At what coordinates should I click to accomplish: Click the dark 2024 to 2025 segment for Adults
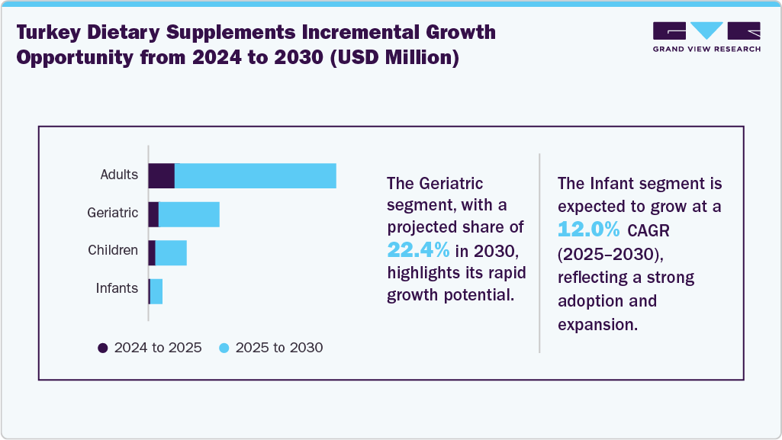coord(162,175)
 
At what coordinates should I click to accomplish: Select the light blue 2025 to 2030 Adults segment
coord(256,175)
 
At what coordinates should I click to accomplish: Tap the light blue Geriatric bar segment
coord(189,214)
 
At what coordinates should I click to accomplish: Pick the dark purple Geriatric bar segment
coord(153,214)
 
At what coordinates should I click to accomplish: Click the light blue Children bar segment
coord(171,252)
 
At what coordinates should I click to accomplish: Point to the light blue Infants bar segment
coord(156,291)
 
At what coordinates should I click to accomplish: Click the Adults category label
coord(119,175)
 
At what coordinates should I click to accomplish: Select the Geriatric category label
coord(113,213)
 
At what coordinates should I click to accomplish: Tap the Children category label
coord(113,250)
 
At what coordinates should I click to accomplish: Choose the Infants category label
coord(117,288)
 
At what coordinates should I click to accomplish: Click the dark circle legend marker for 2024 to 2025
coord(103,348)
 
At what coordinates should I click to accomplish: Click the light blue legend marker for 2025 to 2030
coord(224,348)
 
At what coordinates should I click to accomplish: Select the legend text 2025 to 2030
coord(279,348)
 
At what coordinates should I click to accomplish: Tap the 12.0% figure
coord(589,229)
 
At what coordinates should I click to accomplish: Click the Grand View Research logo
coord(706,36)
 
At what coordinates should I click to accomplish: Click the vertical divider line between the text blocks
coord(539,252)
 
